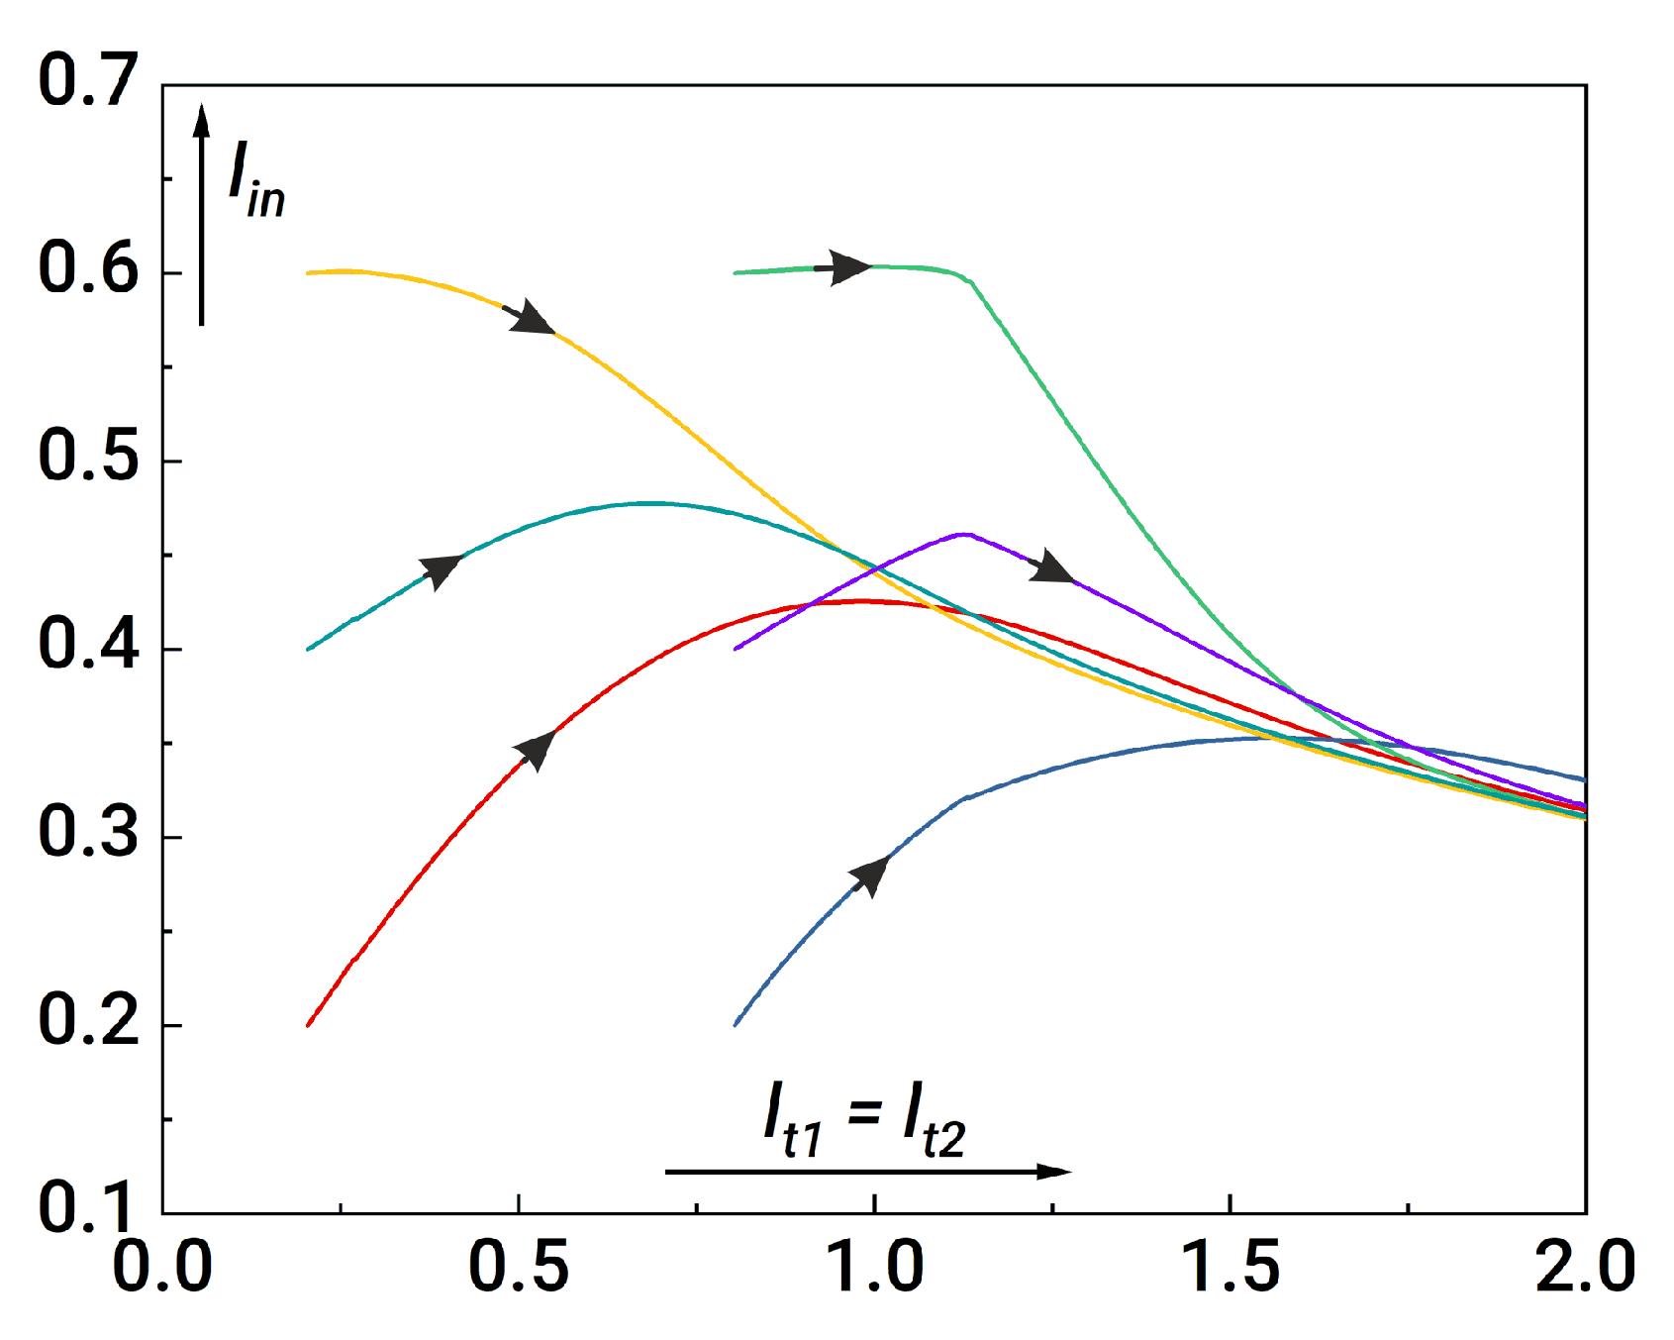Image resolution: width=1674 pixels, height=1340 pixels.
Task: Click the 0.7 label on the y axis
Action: [x=87, y=81]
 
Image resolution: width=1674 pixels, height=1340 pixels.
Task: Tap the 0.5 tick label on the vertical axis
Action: [x=87, y=458]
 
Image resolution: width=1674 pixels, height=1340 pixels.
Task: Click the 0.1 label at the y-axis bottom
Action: [x=87, y=1208]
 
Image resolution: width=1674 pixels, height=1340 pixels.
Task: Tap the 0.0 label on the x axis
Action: [x=162, y=1268]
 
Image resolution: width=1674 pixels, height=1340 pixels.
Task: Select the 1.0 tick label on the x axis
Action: [x=875, y=1268]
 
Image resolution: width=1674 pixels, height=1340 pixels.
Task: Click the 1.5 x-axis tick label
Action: [x=1231, y=1268]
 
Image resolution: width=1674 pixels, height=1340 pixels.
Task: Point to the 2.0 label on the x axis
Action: [x=1584, y=1268]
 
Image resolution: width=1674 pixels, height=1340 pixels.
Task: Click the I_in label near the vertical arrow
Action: [x=256, y=179]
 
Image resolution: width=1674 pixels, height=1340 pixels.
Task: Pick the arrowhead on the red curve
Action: [x=536, y=749]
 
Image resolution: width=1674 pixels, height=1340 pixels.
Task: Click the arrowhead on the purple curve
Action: [x=1051, y=568]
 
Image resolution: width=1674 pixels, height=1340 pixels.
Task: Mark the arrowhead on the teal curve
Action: [x=442, y=569]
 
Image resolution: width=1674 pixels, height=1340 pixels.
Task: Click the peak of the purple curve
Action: [x=963, y=535]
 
